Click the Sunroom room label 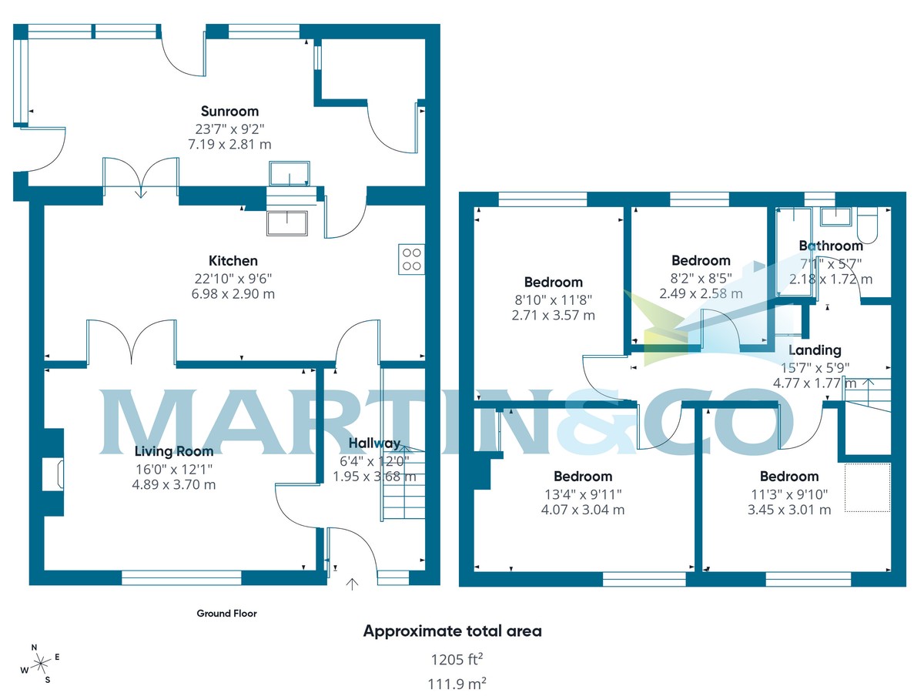(x=229, y=112)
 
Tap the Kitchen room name (x=233, y=261)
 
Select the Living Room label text (x=174, y=451)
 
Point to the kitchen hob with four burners (x=411, y=259)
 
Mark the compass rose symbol (x=40, y=664)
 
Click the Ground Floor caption (x=226, y=614)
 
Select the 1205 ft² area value (x=457, y=659)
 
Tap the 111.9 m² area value (x=457, y=684)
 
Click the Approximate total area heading (x=453, y=631)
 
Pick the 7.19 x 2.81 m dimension (x=229, y=144)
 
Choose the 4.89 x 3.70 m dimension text (x=174, y=485)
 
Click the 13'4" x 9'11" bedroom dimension (x=583, y=494)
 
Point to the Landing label (x=815, y=350)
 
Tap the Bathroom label (x=831, y=246)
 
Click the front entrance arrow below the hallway (x=352, y=584)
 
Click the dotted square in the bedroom (x=868, y=487)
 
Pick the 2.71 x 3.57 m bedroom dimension (x=553, y=315)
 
